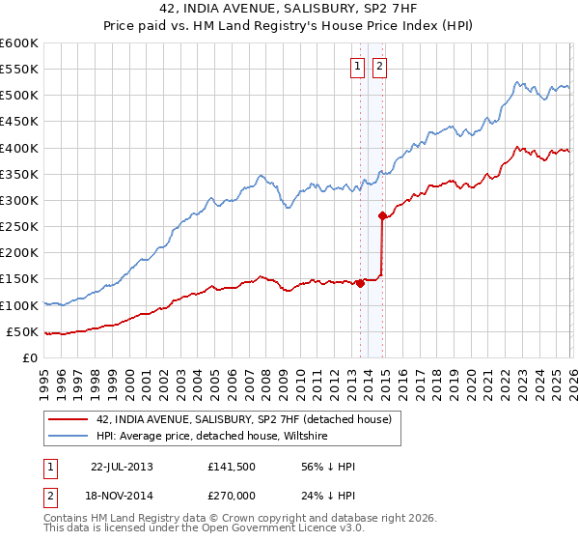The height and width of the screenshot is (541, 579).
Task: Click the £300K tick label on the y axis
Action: [x=19, y=201]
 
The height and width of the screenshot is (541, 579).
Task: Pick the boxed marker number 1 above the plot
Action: [x=357, y=67]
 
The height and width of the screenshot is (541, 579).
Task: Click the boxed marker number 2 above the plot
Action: [x=379, y=67]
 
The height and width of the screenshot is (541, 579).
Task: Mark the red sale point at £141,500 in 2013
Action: [x=360, y=283]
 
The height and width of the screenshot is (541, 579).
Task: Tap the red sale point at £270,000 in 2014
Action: [x=382, y=216]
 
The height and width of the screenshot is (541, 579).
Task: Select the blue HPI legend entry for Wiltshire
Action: [x=211, y=437]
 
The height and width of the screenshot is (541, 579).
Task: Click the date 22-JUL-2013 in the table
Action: [x=122, y=467]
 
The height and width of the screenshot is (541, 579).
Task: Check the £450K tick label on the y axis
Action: [x=19, y=148]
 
